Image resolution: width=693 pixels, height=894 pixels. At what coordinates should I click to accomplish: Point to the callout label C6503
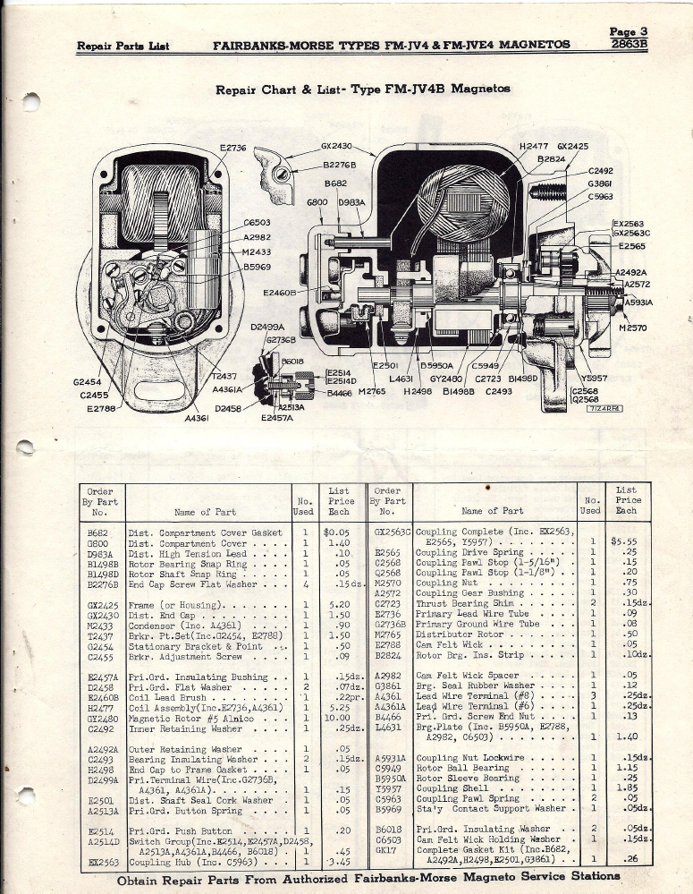pyautogui.click(x=258, y=222)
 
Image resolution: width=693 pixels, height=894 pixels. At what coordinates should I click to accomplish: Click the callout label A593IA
pyautogui.click(x=638, y=302)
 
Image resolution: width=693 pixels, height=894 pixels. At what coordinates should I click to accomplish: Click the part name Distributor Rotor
pyautogui.click(x=459, y=634)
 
